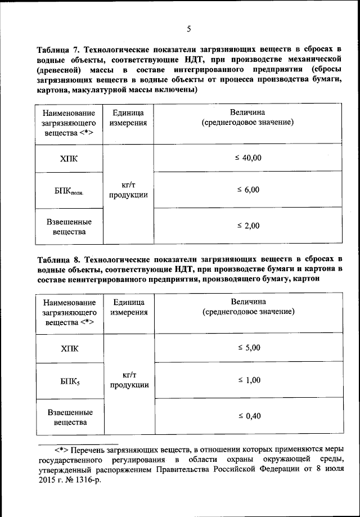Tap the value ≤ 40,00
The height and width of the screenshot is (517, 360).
248,158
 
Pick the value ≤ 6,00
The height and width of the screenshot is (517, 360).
248,190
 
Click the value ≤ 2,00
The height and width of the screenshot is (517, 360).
248,226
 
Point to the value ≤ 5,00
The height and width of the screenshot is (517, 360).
248,348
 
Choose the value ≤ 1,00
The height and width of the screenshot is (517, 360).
248,380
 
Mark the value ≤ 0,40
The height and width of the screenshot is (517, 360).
248,416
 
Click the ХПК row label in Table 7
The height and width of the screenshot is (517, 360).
69,159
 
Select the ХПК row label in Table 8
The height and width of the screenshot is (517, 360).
70,349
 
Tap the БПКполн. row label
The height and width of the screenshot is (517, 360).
69,191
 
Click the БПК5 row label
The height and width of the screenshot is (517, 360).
70,381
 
